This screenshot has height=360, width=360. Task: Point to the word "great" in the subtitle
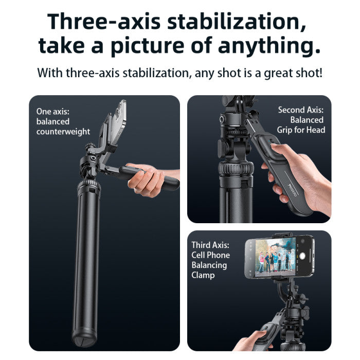[x=282, y=73]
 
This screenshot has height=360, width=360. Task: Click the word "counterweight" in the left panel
[x=63, y=132]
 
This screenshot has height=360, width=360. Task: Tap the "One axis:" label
[x=53, y=111]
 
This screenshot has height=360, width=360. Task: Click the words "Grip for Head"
[x=301, y=130]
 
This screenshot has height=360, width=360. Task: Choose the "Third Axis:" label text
[x=210, y=245]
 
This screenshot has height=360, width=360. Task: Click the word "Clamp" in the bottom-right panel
[x=203, y=275]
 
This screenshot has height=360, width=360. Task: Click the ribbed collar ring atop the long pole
[x=89, y=185]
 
